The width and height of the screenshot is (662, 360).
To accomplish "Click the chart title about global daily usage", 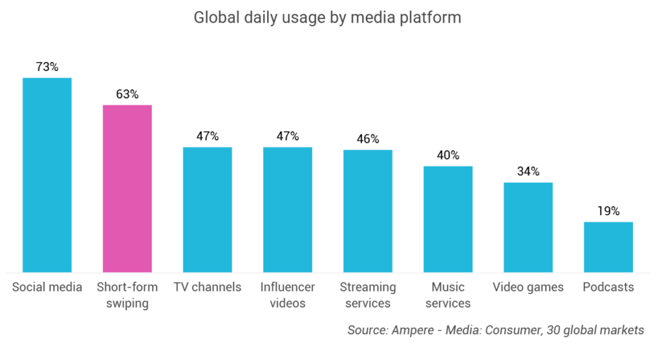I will (328, 17).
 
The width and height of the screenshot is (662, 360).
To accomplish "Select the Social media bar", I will (47, 175).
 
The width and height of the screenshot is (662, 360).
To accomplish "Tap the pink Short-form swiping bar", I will (127, 188).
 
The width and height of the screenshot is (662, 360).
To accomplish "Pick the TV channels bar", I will (208, 209).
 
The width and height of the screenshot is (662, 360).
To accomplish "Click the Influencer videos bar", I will (288, 209).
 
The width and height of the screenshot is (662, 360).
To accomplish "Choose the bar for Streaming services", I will (368, 211).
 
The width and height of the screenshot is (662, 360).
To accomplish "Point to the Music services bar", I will (448, 219).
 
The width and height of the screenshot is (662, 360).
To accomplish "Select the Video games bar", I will (528, 227).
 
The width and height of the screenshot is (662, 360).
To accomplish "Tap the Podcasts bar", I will (608, 247).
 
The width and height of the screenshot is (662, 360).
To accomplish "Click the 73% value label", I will (47, 67).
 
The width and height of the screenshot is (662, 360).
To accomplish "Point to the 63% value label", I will (127, 94).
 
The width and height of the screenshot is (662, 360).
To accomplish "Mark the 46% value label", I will (368, 139).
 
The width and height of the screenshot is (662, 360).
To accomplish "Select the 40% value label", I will (448, 155).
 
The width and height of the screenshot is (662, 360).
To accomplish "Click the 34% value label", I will (528, 172).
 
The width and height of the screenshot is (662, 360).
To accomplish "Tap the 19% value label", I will (608, 211).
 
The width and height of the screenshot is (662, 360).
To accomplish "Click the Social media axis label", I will (47, 287).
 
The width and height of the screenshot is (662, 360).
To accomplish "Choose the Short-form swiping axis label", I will (127, 295).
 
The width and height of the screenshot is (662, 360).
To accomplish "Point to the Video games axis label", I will (528, 287).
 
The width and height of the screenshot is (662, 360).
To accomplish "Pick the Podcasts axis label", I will (608, 287).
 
